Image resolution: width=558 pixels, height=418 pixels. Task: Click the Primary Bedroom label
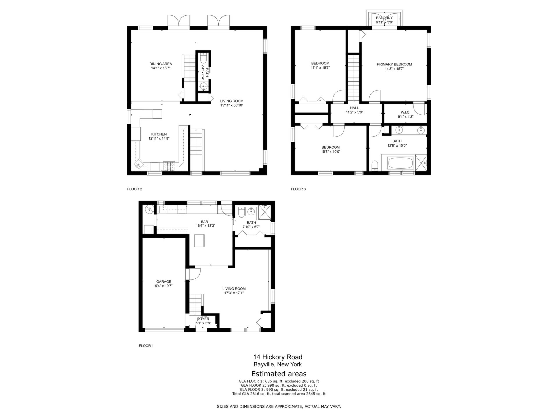(x=394, y=64)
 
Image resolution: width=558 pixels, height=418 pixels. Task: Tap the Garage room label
(x=164, y=282)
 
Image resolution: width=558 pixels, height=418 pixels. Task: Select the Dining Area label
(x=161, y=64)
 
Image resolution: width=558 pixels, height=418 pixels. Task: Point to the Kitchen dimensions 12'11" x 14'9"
(x=159, y=139)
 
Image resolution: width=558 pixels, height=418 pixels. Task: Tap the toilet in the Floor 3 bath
(x=375, y=166)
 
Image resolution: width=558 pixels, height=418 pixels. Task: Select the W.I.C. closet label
(x=405, y=112)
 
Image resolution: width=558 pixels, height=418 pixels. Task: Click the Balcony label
(x=384, y=18)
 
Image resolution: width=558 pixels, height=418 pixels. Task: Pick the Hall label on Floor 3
(x=355, y=108)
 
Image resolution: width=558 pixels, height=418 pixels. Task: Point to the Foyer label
(x=203, y=319)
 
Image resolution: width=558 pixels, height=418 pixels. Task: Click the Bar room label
(x=204, y=222)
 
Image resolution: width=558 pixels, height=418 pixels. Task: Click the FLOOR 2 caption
(x=135, y=189)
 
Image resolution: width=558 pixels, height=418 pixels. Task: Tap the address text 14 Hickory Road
(x=278, y=357)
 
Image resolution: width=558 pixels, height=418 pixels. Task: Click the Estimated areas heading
(x=279, y=374)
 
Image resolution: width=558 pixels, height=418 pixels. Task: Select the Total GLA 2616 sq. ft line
(x=279, y=394)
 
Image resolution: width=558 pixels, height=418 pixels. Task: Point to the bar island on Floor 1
(x=200, y=241)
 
